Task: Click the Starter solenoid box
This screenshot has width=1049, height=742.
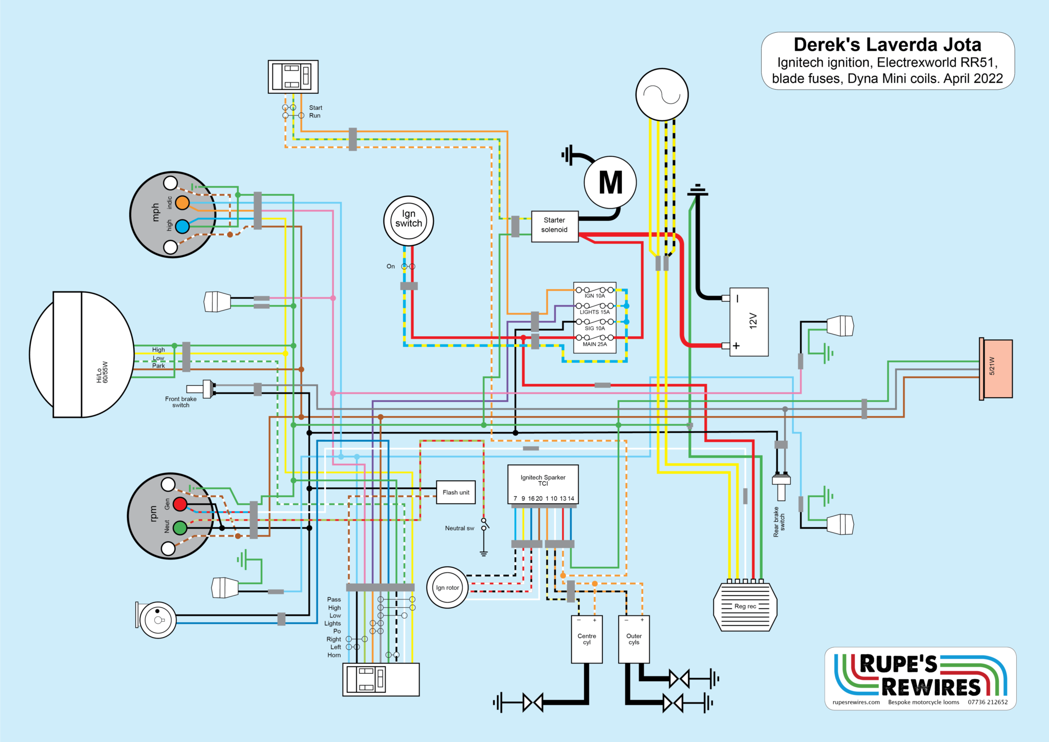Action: tap(554, 225)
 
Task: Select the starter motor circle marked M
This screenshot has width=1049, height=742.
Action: tap(610, 182)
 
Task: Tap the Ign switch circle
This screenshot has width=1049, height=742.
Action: tap(408, 220)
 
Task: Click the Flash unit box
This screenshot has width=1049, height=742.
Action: tap(455, 492)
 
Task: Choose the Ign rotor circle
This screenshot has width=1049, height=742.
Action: tap(447, 587)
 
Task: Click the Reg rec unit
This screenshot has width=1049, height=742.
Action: tap(745, 607)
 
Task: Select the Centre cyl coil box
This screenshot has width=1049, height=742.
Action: tap(586, 640)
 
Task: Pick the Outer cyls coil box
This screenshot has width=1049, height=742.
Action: tap(634, 640)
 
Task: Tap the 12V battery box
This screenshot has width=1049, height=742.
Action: tap(748, 321)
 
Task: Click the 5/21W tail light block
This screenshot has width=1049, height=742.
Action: tap(996, 368)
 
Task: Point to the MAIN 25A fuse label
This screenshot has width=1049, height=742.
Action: tap(595, 344)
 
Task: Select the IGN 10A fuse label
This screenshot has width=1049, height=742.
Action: tap(595, 296)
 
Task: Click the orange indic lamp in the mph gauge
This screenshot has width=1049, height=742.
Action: tap(182, 203)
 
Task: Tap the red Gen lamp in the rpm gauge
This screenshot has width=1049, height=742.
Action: tap(180, 504)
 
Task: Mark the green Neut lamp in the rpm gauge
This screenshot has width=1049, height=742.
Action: tap(180, 528)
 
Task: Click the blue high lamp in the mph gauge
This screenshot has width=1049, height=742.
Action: tap(182, 226)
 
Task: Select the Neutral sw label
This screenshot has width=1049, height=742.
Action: tap(459, 528)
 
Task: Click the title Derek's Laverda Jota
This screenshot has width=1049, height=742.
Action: tap(887, 45)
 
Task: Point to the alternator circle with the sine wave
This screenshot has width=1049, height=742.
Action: tap(662, 94)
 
